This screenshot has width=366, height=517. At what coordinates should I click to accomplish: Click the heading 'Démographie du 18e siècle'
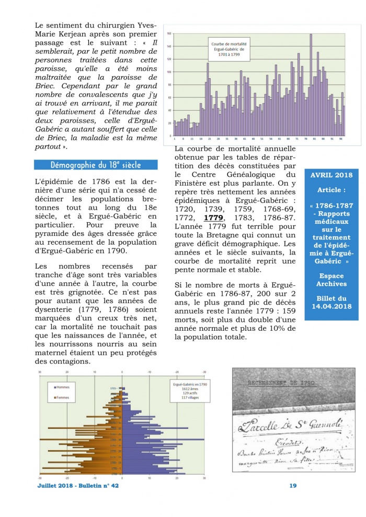click(x=96, y=165)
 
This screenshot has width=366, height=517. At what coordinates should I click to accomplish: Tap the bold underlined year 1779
click(x=213, y=218)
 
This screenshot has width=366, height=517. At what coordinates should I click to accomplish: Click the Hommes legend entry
click(x=64, y=387)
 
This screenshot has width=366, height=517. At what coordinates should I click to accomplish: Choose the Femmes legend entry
click(x=64, y=399)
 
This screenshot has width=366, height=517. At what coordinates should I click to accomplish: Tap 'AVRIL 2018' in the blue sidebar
click(x=331, y=175)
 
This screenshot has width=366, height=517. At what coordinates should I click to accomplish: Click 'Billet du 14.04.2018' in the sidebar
click(x=331, y=302)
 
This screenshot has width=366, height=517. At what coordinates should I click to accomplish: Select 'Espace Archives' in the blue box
click(x=331, y=280)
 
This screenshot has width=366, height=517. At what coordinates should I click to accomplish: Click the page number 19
click(x=293, y=486)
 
